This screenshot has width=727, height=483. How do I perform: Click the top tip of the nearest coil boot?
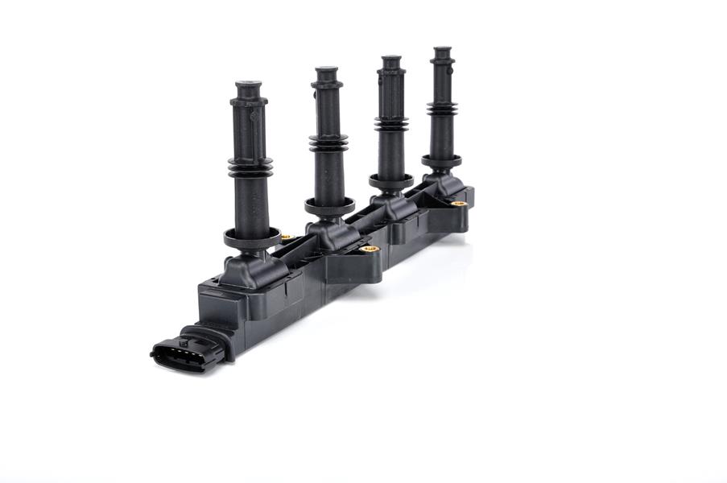coord(248,84)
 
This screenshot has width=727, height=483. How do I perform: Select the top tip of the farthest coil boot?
coord(441,49)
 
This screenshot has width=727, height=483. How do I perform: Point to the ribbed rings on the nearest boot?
coord(250,167)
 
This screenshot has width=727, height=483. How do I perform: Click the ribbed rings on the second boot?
coord(328,143)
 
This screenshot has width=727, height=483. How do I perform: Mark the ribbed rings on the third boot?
coord(391,124)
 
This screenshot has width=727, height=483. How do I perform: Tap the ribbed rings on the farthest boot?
coord(442,108)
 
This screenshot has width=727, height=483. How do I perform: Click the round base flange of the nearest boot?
coord(251,238)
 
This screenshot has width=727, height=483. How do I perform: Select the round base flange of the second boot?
coord(329,206)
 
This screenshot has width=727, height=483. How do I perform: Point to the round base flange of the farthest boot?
coord(442,161)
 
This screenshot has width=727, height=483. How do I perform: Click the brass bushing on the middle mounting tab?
coord(370,250)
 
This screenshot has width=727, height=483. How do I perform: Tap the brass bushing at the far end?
coord(459,204)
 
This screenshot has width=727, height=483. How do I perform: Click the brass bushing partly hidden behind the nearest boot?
coord(286,237)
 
